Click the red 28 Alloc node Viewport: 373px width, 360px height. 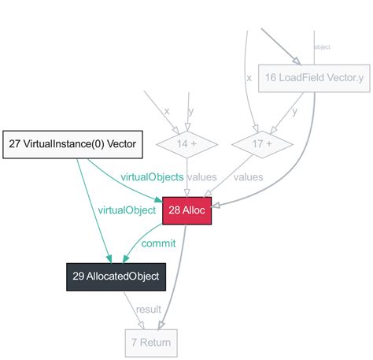coord(187,210)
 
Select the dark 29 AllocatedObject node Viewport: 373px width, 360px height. coord(116,276)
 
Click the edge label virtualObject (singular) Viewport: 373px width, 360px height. coord(128,210)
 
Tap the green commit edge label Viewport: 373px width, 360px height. coord(158,243)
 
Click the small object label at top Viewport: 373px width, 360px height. coord(322,47)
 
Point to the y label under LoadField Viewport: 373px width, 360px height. coord(295,111)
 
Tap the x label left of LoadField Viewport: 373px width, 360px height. coord(249,78)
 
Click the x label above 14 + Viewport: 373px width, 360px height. coord(166,111)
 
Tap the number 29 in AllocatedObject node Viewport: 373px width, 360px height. coord(79,276)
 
